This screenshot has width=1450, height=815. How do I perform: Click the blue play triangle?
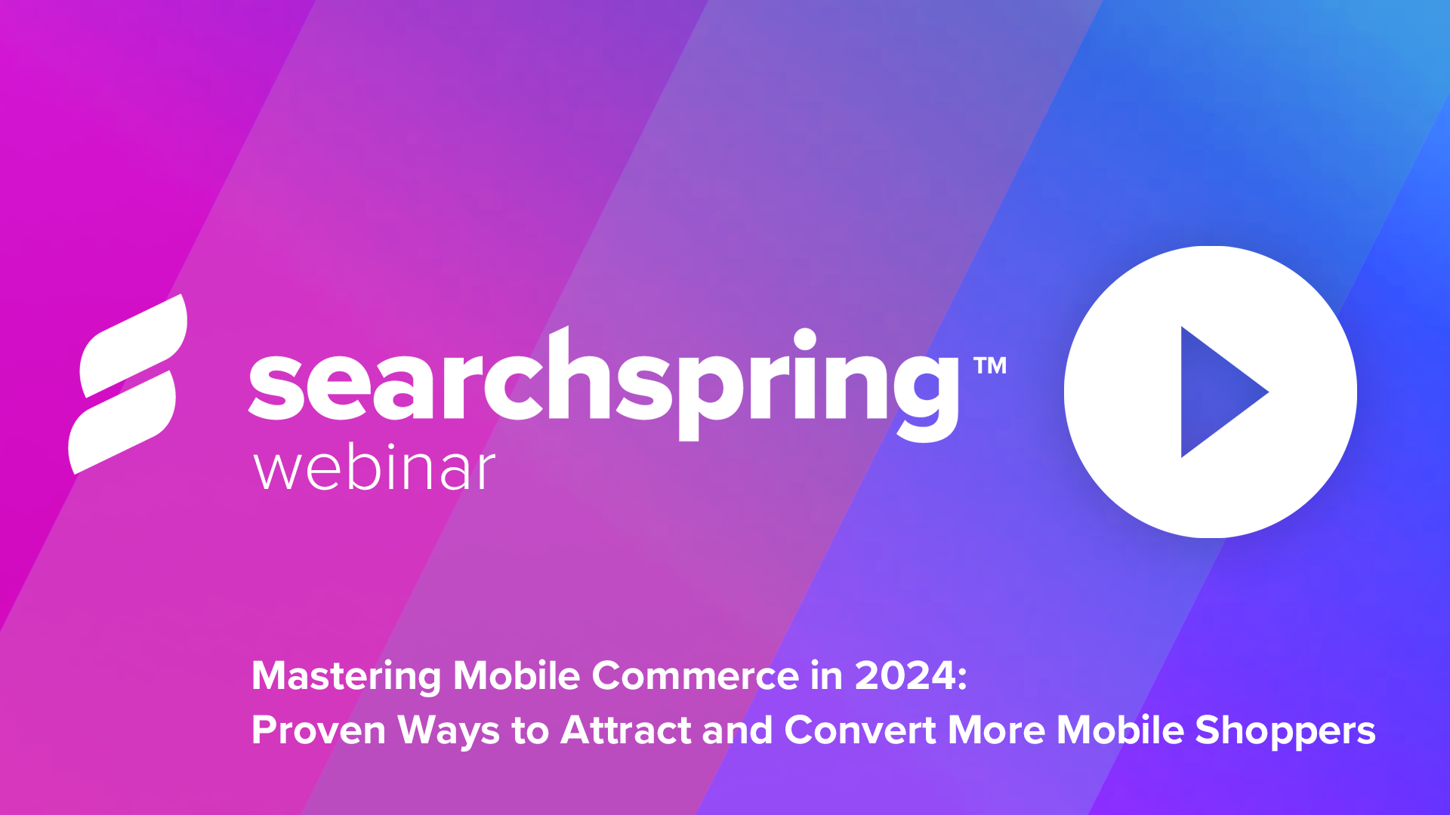click(1217, 392)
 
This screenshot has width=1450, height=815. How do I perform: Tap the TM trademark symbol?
click(990, 366)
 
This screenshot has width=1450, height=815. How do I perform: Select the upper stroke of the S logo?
click(134, 345)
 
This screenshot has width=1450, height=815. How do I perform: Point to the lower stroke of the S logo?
click(122, 423)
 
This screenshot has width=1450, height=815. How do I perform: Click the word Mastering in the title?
click(346, 676)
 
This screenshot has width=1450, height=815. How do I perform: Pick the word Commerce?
click(696, 675)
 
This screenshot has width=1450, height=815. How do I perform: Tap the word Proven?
click(319, 730)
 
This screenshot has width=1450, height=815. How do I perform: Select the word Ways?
click(449, 731)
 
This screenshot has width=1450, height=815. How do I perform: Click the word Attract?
click(626, 730)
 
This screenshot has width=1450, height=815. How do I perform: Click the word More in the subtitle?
click(996, 730)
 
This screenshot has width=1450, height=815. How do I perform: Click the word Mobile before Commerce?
click(517, 675)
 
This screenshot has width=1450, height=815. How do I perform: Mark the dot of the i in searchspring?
click(805, 340)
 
